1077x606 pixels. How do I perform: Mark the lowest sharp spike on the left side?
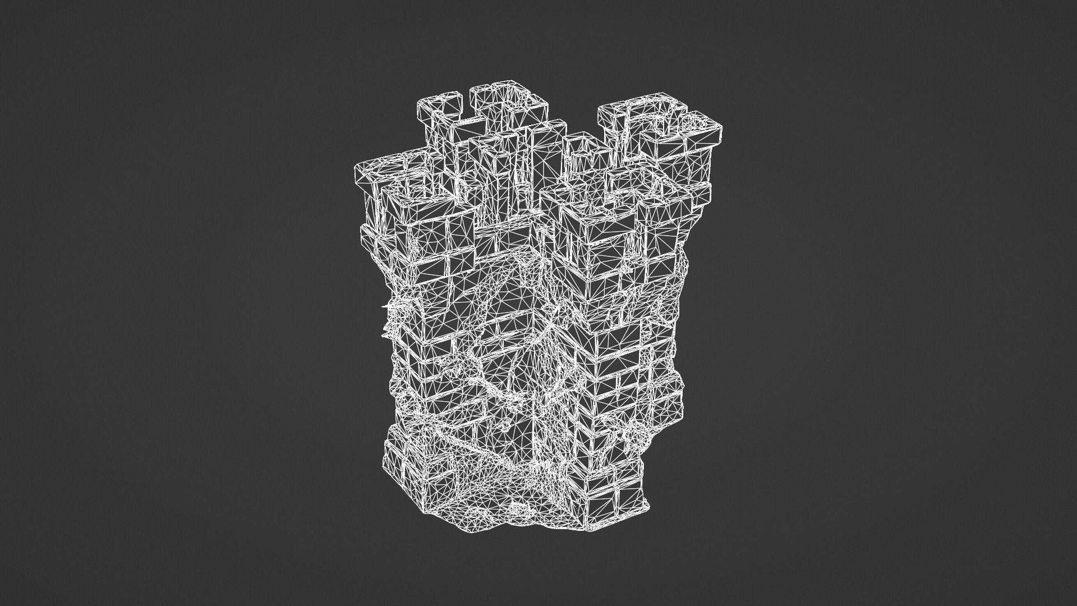tap(385, 336)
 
